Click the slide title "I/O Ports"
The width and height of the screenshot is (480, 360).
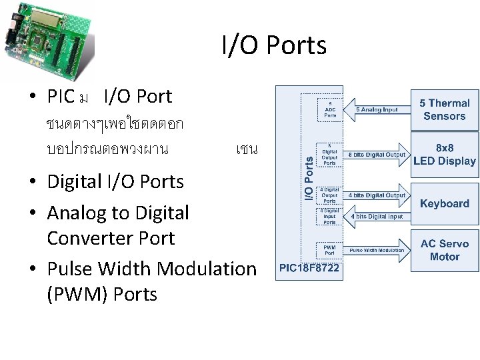[274, 45]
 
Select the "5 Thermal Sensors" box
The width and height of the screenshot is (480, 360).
[444, 109]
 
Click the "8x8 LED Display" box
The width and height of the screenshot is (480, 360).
[444, 154]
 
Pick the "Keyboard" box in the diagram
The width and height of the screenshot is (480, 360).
[444, 203]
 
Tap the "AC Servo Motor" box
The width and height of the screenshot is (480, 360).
[444, 250]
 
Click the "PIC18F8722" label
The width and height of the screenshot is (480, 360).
[309, 269]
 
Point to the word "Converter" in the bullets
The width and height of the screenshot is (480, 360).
[111, 238]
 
